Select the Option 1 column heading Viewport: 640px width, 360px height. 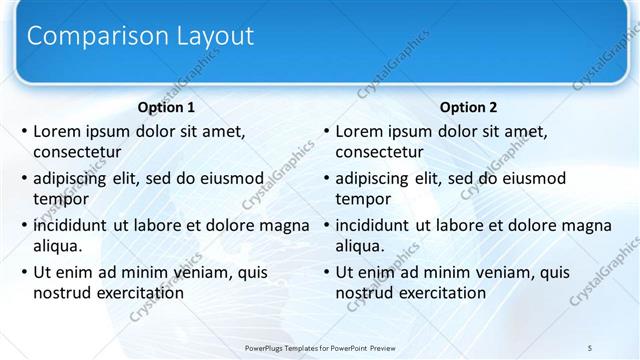point(166,107)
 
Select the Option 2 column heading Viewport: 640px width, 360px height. point(468,107)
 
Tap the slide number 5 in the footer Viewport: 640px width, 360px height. point(590,346)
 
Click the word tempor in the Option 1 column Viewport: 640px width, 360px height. point(59,199)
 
